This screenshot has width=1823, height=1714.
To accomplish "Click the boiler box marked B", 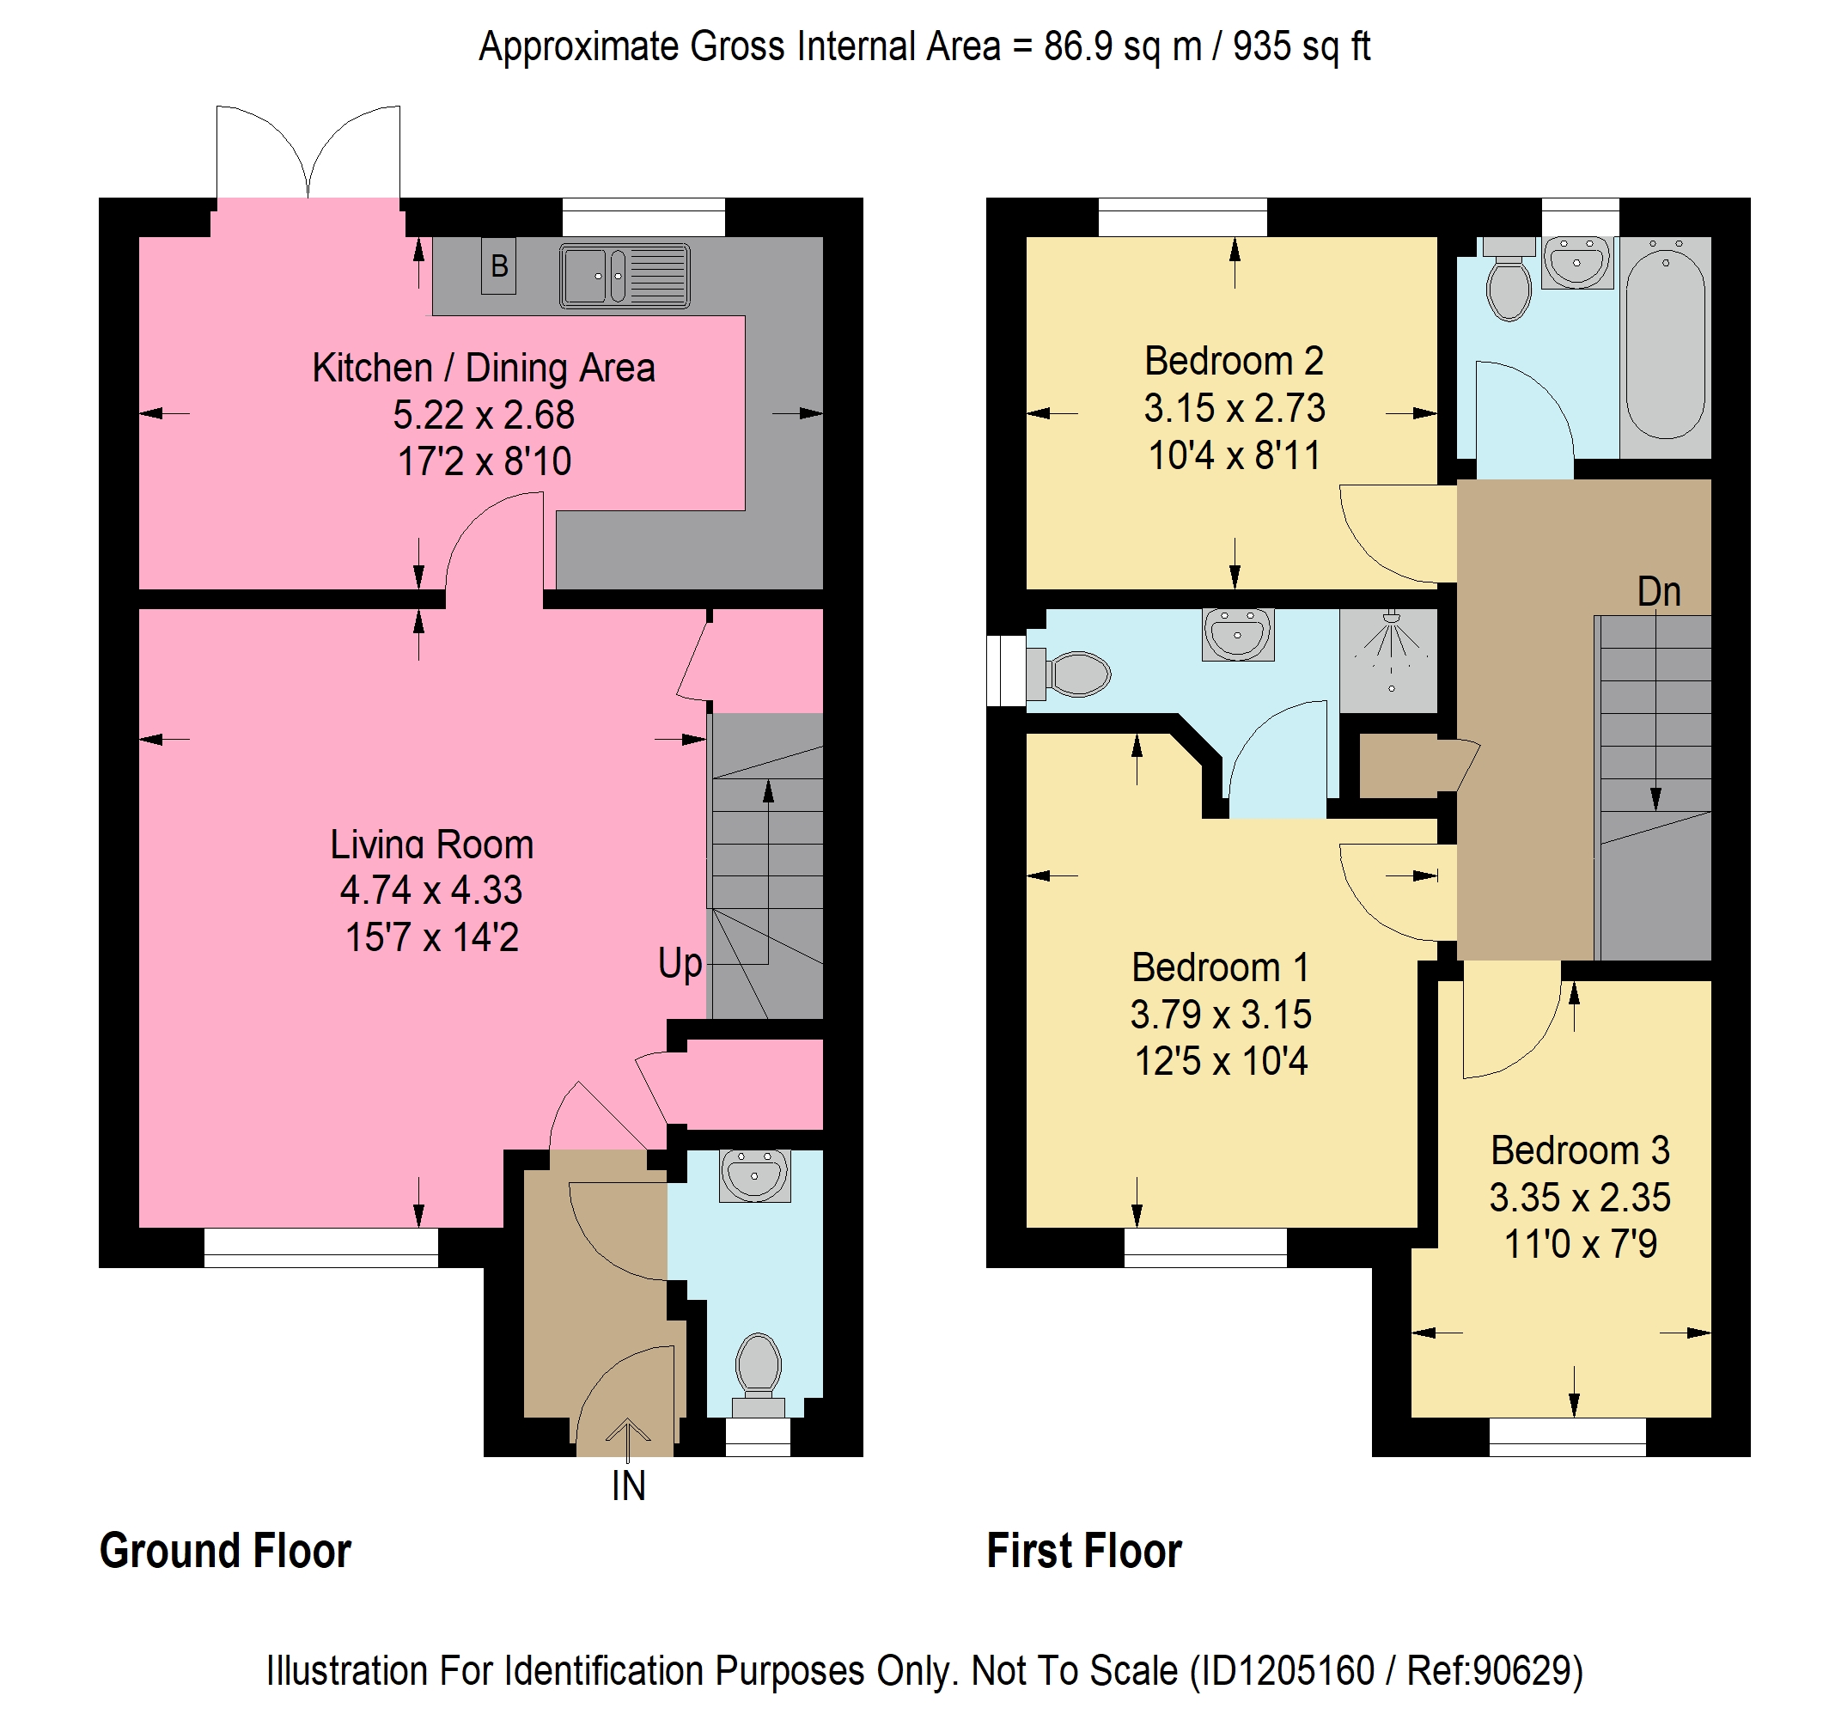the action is (499, 266).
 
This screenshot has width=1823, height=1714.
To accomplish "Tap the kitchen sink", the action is (625, 275).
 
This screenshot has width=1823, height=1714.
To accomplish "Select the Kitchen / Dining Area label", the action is (484, 368).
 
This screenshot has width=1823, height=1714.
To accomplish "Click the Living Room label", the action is (432, 844).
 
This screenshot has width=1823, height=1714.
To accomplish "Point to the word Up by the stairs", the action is (680, 964).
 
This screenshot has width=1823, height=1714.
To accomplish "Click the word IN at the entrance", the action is (629, 1485).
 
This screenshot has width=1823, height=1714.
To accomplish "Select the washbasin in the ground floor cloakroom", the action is (754, 1175).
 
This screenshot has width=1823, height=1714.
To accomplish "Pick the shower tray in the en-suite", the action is (1388, 661).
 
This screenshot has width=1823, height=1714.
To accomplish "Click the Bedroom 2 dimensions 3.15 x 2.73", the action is (1235, 408).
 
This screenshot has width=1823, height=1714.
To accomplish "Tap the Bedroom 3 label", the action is (1580, 1150).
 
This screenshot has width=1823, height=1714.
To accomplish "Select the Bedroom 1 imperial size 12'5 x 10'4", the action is (1221, 1061).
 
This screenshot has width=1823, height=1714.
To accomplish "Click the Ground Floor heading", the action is (226, 1551).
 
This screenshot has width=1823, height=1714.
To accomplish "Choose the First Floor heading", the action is (1084, 1551).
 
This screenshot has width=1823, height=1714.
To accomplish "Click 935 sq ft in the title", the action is (1302, 46).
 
